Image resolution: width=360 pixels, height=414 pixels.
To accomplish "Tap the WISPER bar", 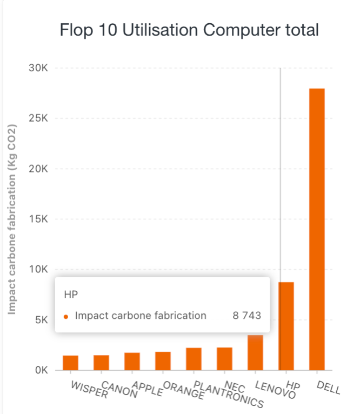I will point(70,363).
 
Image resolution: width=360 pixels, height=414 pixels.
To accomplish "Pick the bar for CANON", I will point(101,363).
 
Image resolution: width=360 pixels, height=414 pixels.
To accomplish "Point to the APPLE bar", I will point(132,362).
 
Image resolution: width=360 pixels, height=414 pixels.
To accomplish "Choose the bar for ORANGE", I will point(163,361).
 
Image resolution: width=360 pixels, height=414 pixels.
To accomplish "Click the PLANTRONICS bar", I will point(194,359).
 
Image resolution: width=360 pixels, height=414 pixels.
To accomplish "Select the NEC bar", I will point(224,359).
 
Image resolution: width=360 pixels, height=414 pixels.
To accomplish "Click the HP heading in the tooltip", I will point(71,295).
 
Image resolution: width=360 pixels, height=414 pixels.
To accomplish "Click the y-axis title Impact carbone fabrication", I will point(12,219).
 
